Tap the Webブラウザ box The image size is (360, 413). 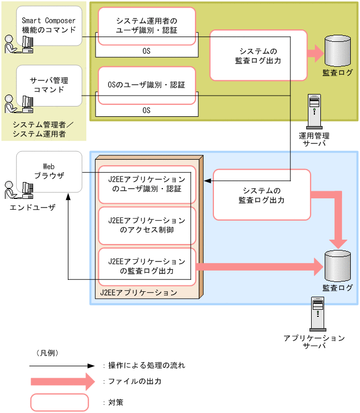49,171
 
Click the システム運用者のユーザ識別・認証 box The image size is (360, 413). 147,26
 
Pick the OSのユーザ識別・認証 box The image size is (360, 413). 147,85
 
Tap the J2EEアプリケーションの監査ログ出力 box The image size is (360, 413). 147,266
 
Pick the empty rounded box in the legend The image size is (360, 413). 59,402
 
